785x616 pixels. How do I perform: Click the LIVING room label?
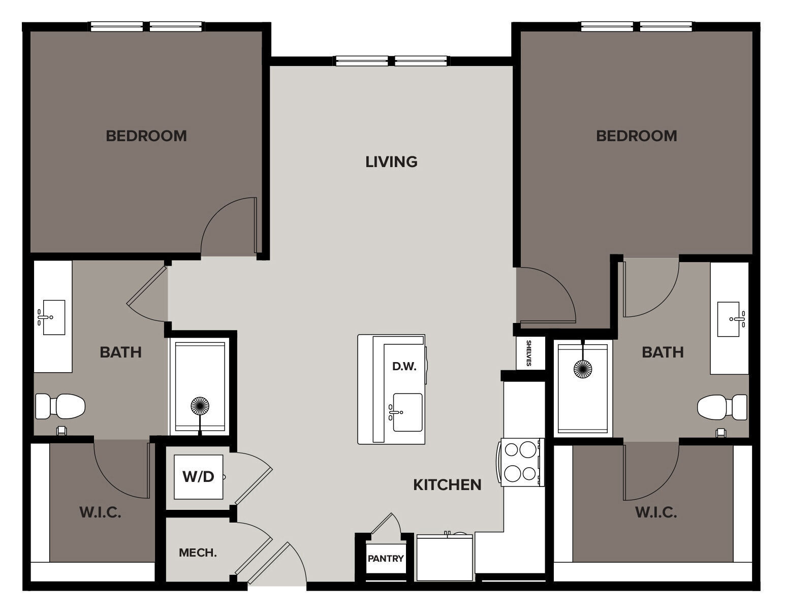coord(391,162)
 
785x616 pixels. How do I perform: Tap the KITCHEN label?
coord(447,485)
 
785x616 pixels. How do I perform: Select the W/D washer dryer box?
coord(198,477)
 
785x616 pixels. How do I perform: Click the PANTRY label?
coord(386,559)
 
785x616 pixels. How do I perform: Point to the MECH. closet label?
coord(198,553)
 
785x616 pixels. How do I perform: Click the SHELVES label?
coord(528,353)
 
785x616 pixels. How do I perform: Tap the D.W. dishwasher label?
coord(404,366)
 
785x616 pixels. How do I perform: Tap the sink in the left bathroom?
coord(53,317)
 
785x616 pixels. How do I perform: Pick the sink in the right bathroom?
coord(729,319)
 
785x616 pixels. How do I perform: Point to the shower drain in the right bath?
coord(582,369)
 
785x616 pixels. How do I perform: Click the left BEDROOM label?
coord(146,136)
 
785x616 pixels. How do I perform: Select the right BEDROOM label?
coord(636,136)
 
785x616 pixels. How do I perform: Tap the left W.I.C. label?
coord(100,512)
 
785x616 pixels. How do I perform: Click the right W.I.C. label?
coord(656,512)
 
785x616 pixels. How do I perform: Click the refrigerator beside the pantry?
coord(445,558)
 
